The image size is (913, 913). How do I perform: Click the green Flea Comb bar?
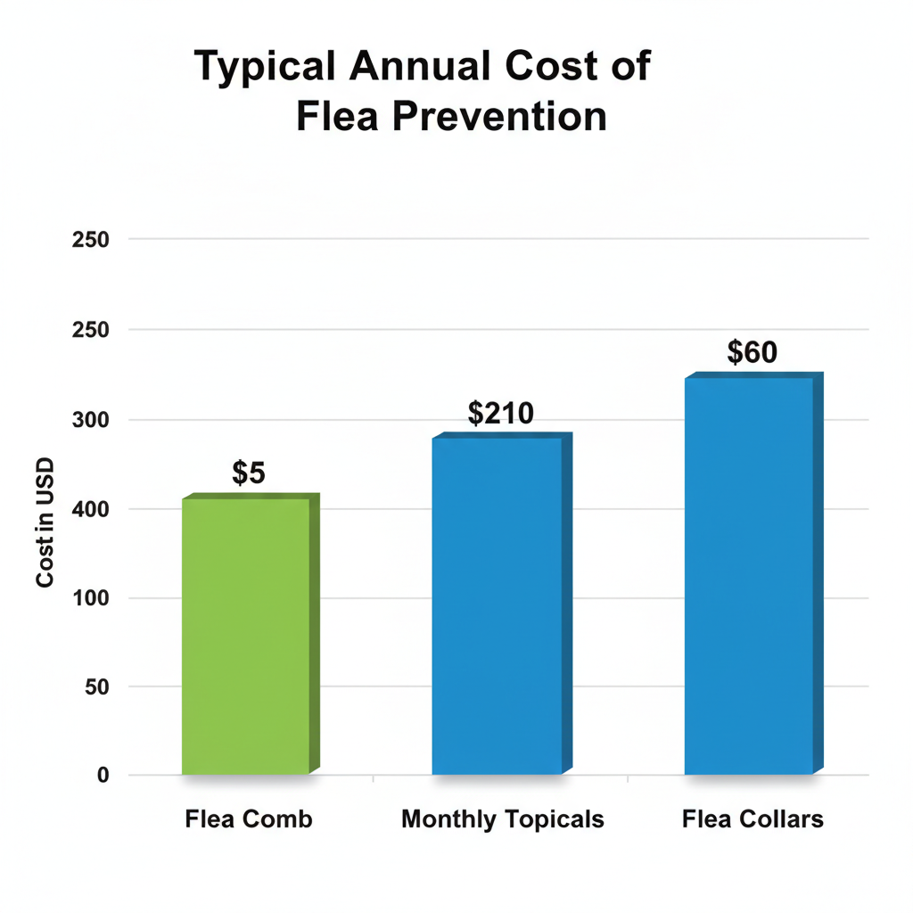(245, 635)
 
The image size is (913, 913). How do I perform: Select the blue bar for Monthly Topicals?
(497, 605)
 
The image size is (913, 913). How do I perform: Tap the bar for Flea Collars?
(748, 575)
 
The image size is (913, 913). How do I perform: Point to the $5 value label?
(249, 473)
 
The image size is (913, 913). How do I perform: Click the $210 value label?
(500, 414)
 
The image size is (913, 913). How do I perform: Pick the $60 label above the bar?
(752, 353)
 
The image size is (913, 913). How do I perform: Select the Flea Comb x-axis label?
(249, 818)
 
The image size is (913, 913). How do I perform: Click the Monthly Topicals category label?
(503, 818)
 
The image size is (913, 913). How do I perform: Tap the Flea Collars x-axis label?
(753, 818)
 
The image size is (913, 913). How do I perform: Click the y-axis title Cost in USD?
(45, 522)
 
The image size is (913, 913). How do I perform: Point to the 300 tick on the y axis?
(90, 420)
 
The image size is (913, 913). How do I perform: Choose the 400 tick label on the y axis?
(90, 509)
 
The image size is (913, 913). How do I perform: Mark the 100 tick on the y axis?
(90, 598)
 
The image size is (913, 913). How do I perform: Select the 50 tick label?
(96, 687)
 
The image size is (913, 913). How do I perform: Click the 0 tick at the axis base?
(103, 775)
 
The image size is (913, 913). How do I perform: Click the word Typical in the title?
(263, 69)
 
